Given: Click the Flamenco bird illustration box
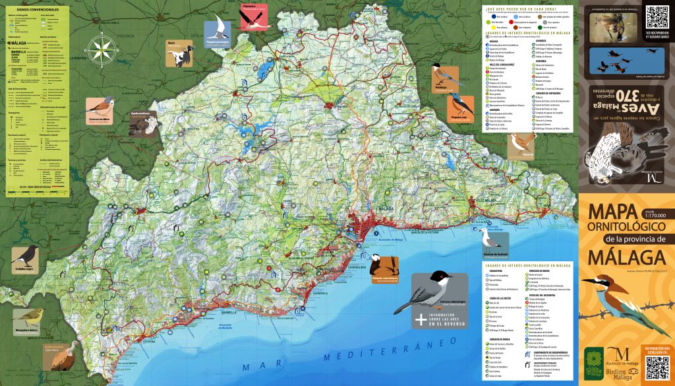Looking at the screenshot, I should (254, 16).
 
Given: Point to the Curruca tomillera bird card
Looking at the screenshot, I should (100, 110).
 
